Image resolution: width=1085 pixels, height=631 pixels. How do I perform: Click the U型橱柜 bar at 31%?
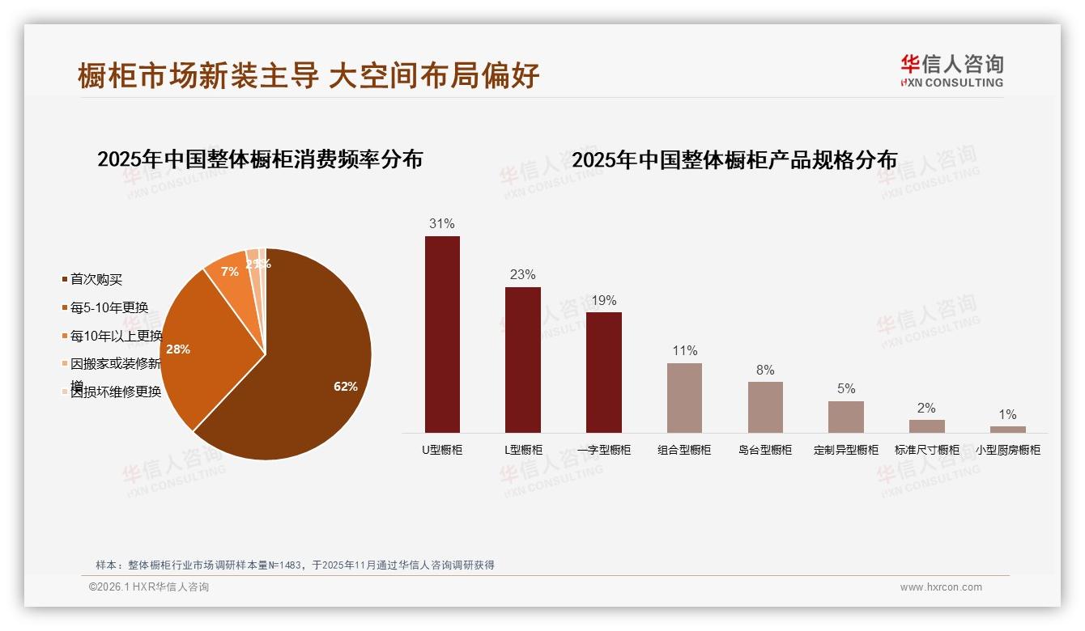[442, 334]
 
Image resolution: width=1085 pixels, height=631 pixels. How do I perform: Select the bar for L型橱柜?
[522, 360]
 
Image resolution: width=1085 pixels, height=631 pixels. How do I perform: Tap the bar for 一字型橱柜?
[603, 372]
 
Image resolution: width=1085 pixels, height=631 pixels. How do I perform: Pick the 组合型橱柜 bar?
[684, 397]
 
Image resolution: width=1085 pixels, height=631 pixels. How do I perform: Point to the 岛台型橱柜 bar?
[765, 407]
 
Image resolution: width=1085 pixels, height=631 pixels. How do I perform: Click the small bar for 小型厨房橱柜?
[1007, 430]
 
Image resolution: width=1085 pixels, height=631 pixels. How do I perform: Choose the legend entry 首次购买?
[96, 279]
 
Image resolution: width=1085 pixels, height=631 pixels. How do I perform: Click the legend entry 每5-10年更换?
[108, 307]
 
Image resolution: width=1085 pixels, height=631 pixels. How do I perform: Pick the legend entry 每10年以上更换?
[115, 336]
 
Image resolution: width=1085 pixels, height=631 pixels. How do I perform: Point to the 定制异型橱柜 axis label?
[846, 450]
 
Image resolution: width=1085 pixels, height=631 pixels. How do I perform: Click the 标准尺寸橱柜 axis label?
[926, 450]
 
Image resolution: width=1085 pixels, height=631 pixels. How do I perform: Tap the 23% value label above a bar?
[522, 274]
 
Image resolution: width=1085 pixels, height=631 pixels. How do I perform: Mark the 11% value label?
[684, 350]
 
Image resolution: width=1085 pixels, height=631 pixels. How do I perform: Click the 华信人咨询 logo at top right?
[951, 70]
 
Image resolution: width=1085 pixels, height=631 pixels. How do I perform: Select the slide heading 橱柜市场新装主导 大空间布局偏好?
[308, 76]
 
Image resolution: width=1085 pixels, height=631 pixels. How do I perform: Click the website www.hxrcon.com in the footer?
[941, 587]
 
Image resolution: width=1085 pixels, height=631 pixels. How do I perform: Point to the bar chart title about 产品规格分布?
[734, 160]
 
